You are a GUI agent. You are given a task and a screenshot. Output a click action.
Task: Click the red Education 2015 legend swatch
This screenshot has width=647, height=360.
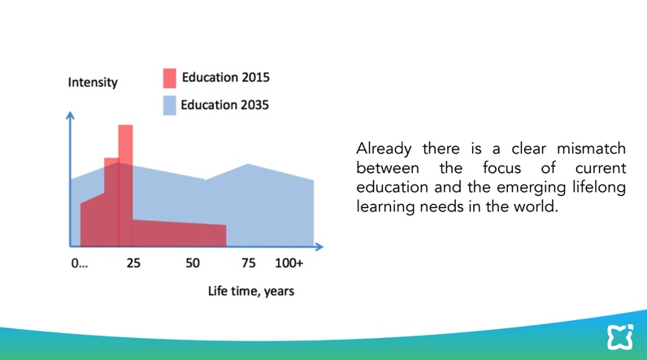[x=169, y=78]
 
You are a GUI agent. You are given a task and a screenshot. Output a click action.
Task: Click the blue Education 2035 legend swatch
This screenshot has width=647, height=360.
[x=169, y=105]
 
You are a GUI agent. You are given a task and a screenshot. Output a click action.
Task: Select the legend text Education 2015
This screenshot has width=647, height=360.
[x=225, y=78]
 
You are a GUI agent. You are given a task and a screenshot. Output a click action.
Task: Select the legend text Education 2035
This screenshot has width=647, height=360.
[x=224, y=105]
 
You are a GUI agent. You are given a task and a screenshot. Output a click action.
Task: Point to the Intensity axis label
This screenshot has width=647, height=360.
[x=93, y=82]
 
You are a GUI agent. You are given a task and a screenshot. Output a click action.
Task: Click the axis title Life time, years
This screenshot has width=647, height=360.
[x=251, y=290]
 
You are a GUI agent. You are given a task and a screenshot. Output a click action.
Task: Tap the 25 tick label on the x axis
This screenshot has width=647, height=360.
[x=133, y=263]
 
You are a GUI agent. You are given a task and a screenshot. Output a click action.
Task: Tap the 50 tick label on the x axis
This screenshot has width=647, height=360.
[x=193, y=263]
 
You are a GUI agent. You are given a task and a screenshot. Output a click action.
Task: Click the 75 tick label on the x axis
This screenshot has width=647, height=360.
[x=248, y=263]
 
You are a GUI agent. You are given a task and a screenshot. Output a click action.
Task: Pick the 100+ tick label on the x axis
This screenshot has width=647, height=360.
[x=289, y=263]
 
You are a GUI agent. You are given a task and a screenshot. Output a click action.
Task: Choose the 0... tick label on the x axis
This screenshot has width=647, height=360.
[x=80, y=263]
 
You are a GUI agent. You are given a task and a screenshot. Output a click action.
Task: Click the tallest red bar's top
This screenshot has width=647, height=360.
[x=125, y=127]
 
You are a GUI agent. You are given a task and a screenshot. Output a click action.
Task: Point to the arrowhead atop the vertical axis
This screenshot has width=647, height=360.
[x=71, y=115]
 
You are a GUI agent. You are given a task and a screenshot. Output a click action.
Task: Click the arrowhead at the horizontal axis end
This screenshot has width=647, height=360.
[x=319, y=246]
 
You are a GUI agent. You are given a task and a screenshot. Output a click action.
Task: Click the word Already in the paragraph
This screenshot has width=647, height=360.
[x=384, y=150]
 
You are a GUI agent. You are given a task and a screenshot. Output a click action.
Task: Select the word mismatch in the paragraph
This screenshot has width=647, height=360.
[x=592, y=150]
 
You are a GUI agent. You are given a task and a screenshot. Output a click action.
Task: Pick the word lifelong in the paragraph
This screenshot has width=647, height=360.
[x=601, y=188]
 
